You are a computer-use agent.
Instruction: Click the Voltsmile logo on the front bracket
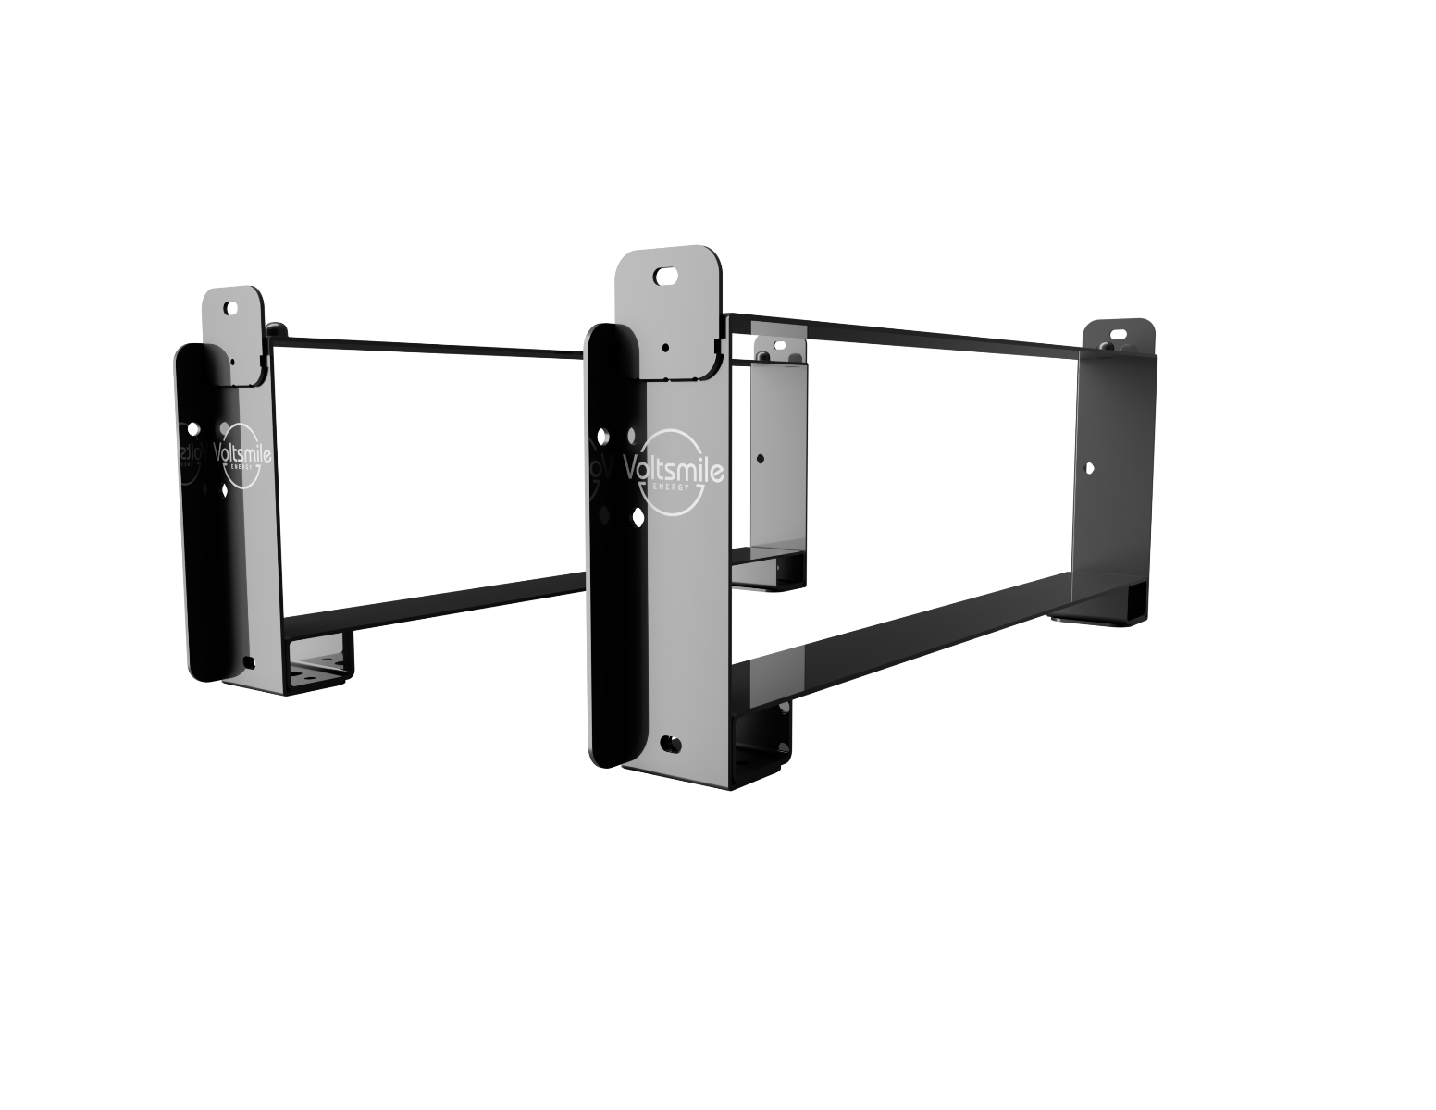coord(673,470)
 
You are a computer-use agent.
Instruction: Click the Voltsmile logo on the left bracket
coord(243,454)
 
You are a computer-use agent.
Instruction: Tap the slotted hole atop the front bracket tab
coord(664,276)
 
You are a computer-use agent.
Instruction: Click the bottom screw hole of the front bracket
coord(670,743)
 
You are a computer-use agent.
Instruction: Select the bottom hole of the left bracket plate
coord(247,660)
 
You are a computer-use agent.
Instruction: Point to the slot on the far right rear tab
coord(1118,333)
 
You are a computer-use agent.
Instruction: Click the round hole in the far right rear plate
coord(1090,469)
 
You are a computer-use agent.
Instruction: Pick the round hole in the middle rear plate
coord(761,458)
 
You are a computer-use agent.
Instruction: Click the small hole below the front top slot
coord(665,348)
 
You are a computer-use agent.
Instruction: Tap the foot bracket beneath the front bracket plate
coord(763,740)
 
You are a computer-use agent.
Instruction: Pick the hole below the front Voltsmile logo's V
coord(638,515)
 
